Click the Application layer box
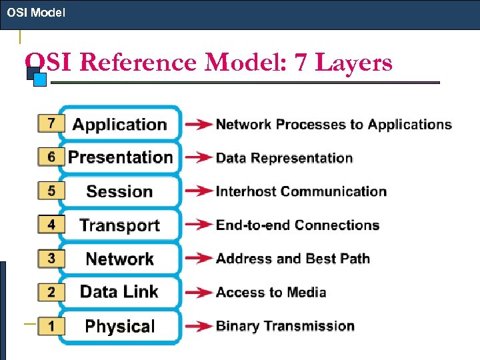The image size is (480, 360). click(x=120, y=124)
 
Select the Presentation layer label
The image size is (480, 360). click(x=120, y=157)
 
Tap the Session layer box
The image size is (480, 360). click(x=120, y=191)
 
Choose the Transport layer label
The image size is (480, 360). click(x=120, y=225)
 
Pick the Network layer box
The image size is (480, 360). click(x=120, y=259)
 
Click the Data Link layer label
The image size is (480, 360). click(x=120, y=292)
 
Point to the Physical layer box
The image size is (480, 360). click(x=120, y=326)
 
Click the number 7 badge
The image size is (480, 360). click(x=51, y=123)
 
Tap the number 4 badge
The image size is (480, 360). click(x=51, y=225)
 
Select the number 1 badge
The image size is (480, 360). click(x=51, y=325)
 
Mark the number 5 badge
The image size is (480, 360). click(x=51, y=191)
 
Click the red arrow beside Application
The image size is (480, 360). click(x=199, y=125)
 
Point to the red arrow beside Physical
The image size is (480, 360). click(x=199, y=327)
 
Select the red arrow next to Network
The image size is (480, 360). click(x=199, y=259)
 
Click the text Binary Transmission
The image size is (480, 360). click(x=285, y=326)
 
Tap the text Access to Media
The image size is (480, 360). click(x=271, y=292)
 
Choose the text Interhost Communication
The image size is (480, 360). click(x=301, y=191)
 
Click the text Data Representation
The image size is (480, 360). click(x=284, y=158)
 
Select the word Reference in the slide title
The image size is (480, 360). click(x=139, y=63)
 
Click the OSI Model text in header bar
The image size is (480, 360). click(x=36, y=12)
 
